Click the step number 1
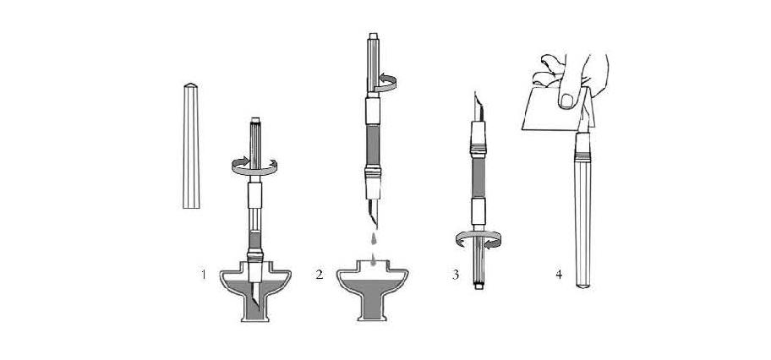(204, 275)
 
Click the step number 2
(320, 275)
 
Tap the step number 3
(456, 275)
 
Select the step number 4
(559, 275)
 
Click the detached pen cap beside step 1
(191, 146)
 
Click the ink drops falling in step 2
(373, 248)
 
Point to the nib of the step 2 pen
(374, 212)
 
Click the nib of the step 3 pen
(478, 106)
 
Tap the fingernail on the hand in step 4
(566, 101)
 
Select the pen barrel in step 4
(582, 210)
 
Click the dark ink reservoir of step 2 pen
(373, 145)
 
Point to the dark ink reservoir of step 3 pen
(478, 178)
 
